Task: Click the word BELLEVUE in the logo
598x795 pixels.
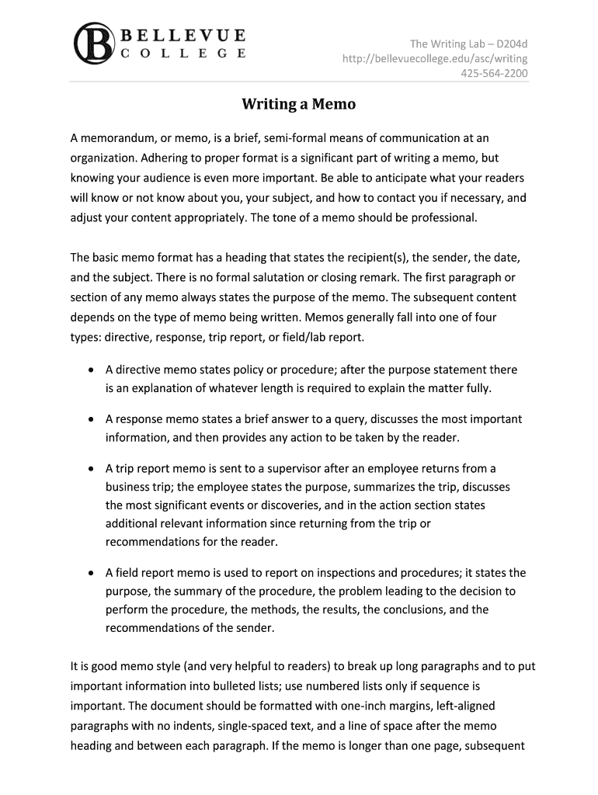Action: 183,36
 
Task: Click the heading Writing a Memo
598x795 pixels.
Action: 298,104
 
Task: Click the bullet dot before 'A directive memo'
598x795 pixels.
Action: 92,370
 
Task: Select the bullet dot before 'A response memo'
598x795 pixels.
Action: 92,419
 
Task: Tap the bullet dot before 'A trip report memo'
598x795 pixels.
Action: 92,469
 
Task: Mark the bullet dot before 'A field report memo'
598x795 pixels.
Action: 92,573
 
